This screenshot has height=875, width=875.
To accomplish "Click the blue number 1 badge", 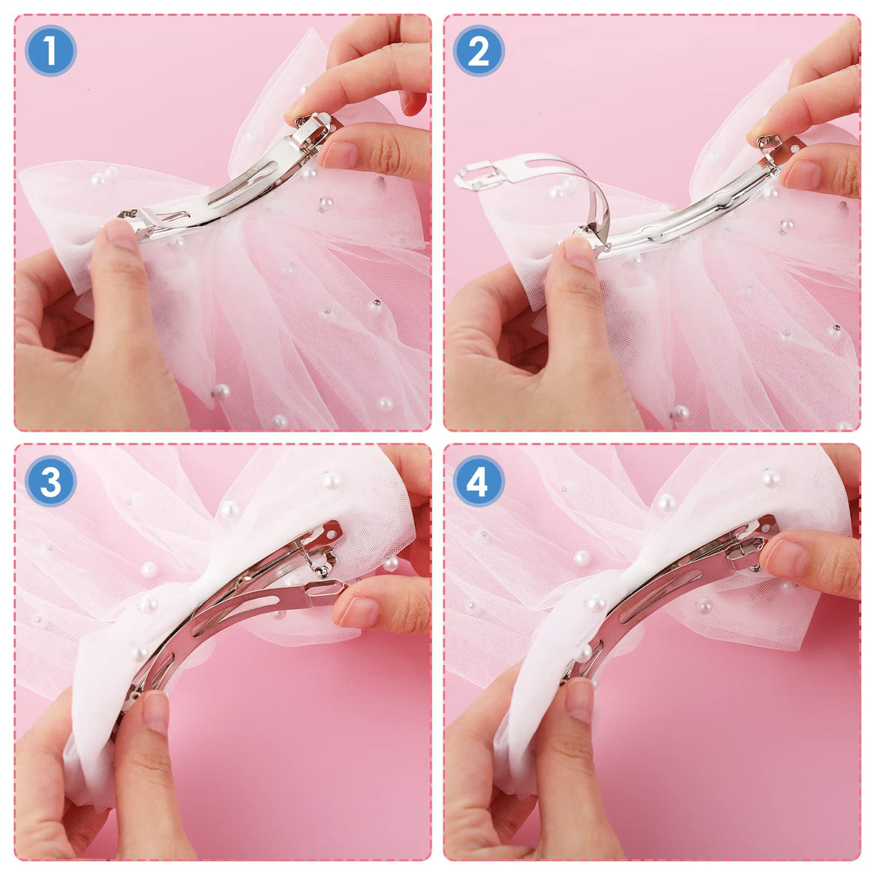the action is (50, 50).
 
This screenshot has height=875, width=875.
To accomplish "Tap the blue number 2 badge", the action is (478, 50).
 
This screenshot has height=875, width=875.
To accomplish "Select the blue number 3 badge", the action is (50, 481).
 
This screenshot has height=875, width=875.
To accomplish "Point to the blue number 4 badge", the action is (478, 481).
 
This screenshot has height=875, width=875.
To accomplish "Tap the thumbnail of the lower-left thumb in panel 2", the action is (579, 254).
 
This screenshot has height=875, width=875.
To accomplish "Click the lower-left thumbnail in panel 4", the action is (580, 700).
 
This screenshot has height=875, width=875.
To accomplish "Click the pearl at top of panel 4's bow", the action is (771, 478).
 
